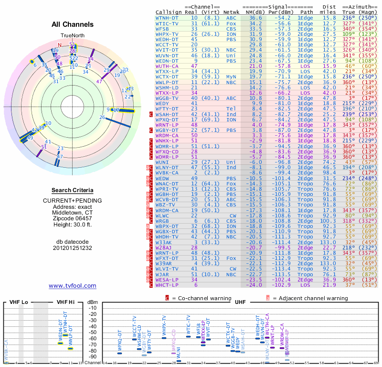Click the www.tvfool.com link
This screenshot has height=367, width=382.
click(x=72, y=286)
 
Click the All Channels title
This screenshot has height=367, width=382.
click(x=72, y=24)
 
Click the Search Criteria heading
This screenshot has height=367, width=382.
click(x=72, y=190)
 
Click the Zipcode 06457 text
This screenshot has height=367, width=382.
click(x=72, y=219)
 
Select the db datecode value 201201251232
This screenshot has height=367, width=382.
click(x=72, y=248)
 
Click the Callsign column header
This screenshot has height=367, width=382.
click(x=169, y=12)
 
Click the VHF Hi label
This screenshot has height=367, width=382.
click(x=67, y=302)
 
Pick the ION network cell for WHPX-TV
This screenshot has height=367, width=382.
click(x=232, y=34)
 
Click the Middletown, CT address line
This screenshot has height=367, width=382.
click(x=72, y=212)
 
